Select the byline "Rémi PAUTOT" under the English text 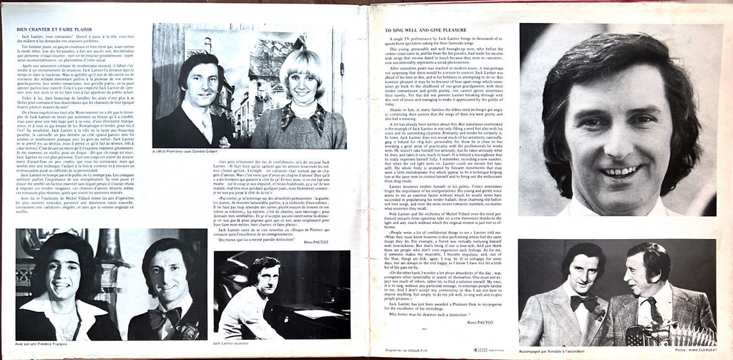click(481, 323)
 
